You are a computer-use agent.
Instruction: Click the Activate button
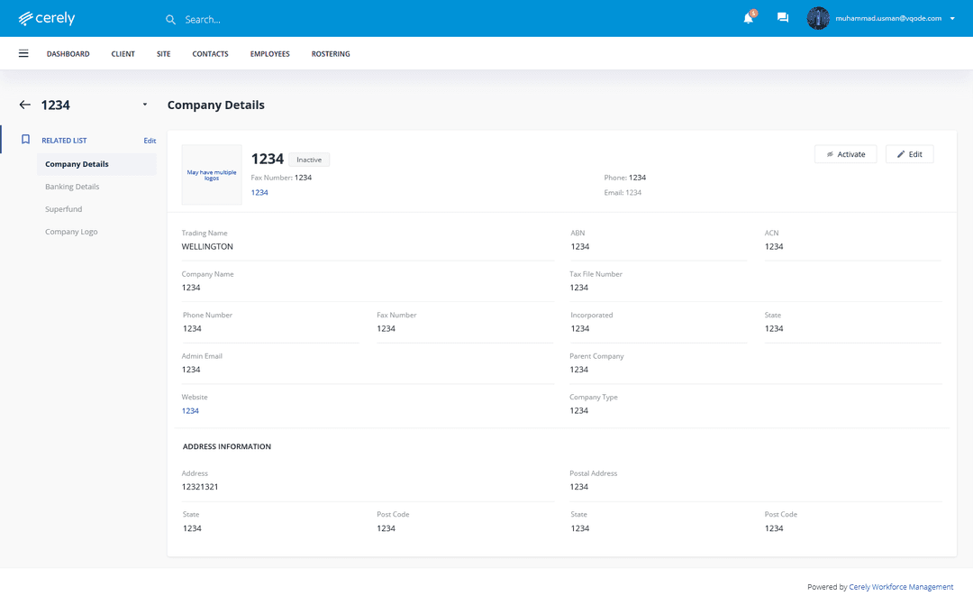pyautogui.click(x=845, y=154)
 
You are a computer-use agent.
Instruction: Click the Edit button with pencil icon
pyautogui.click(x=909, y=154)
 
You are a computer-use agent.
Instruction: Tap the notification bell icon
pyautogui.click(x=748, y=18)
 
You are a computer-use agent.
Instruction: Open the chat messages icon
pyautogui.click(x=783, y=18)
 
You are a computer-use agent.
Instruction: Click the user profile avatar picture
pyautogui.click(x=818, y=18)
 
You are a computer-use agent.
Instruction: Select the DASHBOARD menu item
pyautogui.click(x=68, y=54)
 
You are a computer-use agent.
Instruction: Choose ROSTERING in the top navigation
pyautogui.click(x=331, y=54)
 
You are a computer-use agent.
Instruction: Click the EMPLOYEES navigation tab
pyautogui.click(x=270, y=54)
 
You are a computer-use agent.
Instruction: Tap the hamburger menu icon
pyautogui.click(x=23, y=54)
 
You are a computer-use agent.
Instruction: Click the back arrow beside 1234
pyautogui.click(x=24, y=105)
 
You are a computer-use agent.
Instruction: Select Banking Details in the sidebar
pyautogui.click(x=72, y=187)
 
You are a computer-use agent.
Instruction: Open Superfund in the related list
pyautogui.click(x=64, y=209)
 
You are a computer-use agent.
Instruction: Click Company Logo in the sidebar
pyautogui.click(x=71, y=232)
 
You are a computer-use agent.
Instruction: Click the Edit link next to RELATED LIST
pyautogui.click(x=150, y=141)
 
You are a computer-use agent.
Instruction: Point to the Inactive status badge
pyautogui.click(x=310, y=160)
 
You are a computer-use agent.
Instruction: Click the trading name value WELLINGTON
pyautogui.click(x=207, y=246)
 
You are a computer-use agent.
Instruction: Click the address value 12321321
pyautogui.click(x=200, y=487)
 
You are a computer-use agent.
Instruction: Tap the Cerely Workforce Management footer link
pyautogui.click(x=901, y=587)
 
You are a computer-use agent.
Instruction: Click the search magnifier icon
pyautogui.click(x=171, y=19)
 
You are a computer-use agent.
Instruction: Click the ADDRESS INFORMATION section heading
pyautogui.click(x=227, y=446)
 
